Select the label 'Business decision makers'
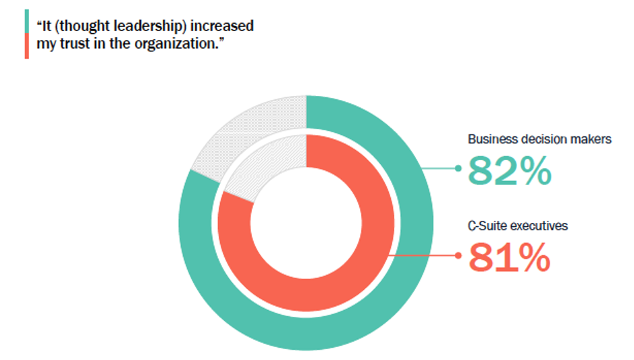(539, 140)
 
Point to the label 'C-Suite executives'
(518, 226)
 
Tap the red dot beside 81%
(458, 256)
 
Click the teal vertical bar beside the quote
(26, 21)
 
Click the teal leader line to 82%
(439, 168)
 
